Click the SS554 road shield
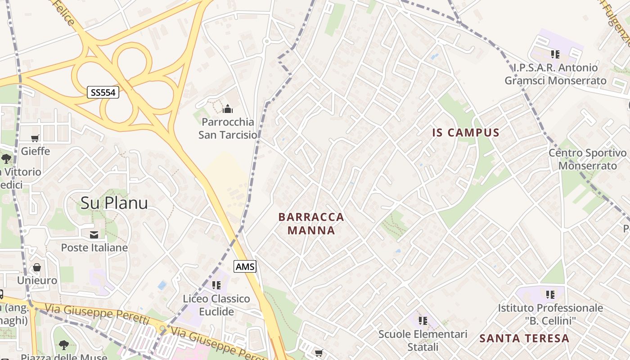103,93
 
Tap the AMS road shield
245,266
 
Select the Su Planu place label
114,203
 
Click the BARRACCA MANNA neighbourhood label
311,224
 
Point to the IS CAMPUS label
466,132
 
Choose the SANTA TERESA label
524,338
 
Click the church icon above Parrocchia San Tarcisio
228,109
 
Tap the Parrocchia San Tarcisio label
228,128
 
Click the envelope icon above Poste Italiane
94,234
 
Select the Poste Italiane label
94,247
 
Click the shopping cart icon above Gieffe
35,138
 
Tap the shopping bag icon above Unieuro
37,268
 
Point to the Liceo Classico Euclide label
216,305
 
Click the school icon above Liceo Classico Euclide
216,285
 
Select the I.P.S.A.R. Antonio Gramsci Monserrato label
555,74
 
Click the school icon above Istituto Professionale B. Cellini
550,295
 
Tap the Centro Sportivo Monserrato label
587,159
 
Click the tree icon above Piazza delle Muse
63,345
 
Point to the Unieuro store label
37,280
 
